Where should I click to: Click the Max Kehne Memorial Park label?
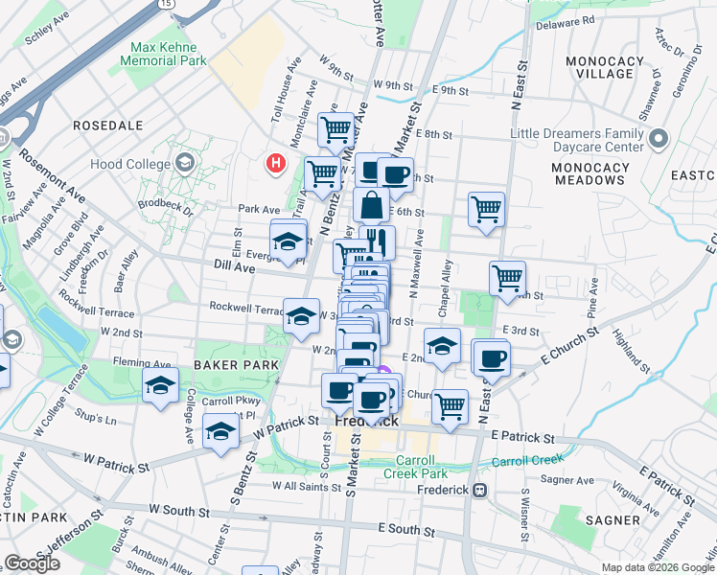[x=163, y=53]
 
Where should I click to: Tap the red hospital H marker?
[x=276, y=164]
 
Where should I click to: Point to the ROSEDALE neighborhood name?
[x=107, y=126]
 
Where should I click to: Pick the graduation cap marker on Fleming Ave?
[x=160, y=386]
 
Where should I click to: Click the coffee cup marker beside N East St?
[x=492, y=357]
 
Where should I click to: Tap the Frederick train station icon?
[x=481, y=490]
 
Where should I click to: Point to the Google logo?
[x=32, y=563]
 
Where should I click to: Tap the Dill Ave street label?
[x=234, y=270]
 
